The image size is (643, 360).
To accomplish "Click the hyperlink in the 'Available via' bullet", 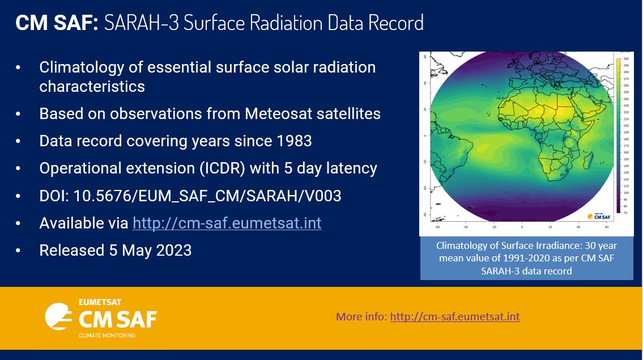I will pos(227,223).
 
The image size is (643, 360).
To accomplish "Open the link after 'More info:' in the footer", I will pos(454,316).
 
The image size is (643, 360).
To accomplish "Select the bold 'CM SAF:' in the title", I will pos(57,23).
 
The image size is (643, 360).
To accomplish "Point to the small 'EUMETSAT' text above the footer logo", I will pos(100,302).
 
